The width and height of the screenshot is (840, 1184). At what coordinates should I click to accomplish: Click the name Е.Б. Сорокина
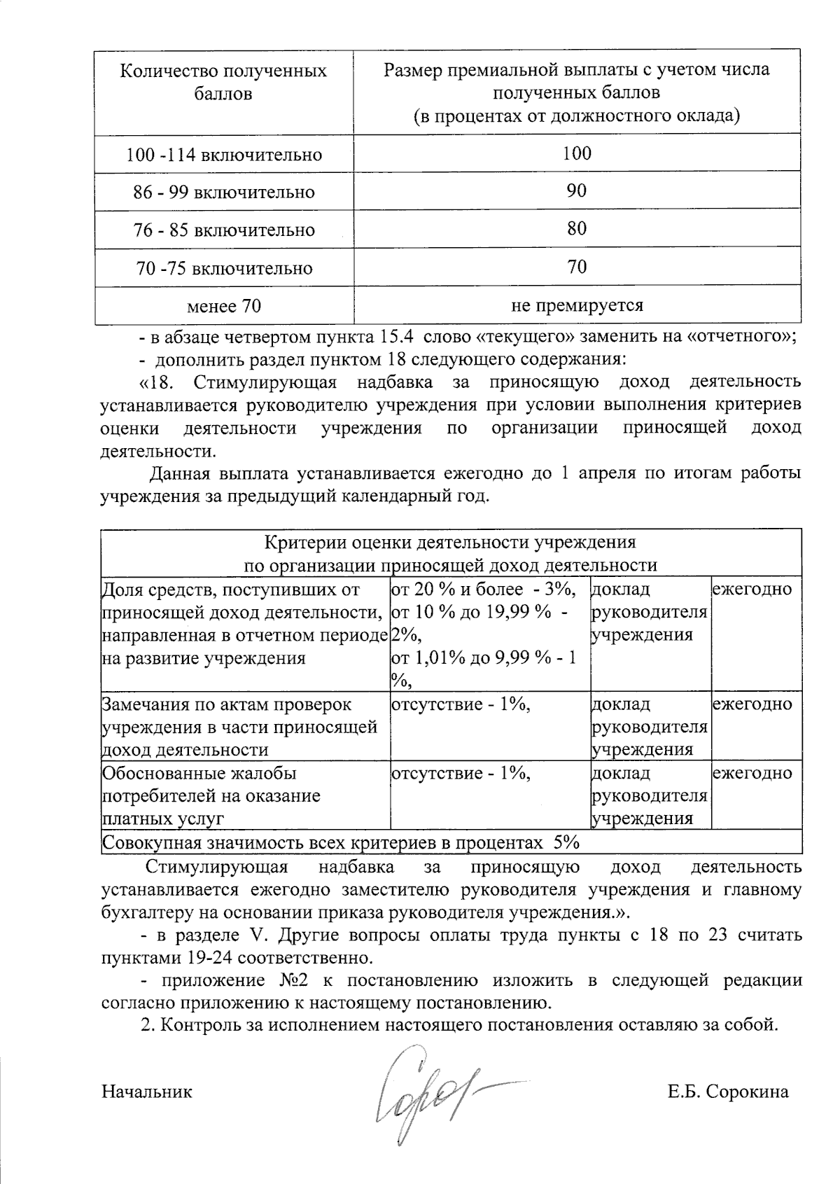728,1092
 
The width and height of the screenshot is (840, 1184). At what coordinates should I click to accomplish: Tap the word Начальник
146,1092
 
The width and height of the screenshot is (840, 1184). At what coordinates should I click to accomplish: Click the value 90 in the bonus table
577,191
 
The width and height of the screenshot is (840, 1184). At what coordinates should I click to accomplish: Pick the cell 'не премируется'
577,305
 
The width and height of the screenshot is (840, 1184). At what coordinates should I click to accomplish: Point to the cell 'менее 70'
224,306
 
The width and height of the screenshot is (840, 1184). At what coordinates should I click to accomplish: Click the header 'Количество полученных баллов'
224,82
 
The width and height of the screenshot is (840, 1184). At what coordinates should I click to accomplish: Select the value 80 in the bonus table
577,229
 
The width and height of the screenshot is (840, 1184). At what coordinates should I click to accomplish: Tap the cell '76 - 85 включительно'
224,230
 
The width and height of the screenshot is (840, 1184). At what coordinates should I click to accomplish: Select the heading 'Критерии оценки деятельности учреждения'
450,543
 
